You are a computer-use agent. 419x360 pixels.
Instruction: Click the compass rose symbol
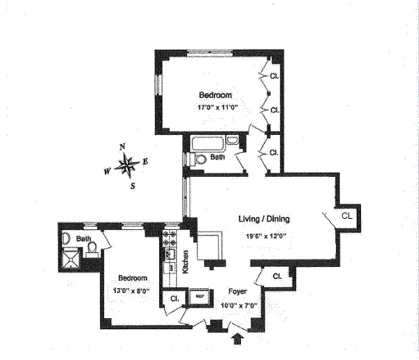pyautogui.click(x=126, y=166)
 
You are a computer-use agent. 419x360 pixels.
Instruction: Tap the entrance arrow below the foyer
pyautogui.click(x=238, y=340)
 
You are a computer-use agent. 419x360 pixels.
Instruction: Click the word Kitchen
pyautogui.click(x=186, y=261)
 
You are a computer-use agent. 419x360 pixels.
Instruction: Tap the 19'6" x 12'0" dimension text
pyautogui.click(x=266, y=236)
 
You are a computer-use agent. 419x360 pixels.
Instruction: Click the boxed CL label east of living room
pyautogui.click(x=347, y=217)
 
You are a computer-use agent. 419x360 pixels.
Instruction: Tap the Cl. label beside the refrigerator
pyautogui.click(x=174, y=299)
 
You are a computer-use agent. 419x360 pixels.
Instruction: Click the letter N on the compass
pyautogui.click(x=122, y=147)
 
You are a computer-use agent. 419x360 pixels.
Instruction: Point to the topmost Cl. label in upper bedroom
pyautogui.click(x=274, y=75)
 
